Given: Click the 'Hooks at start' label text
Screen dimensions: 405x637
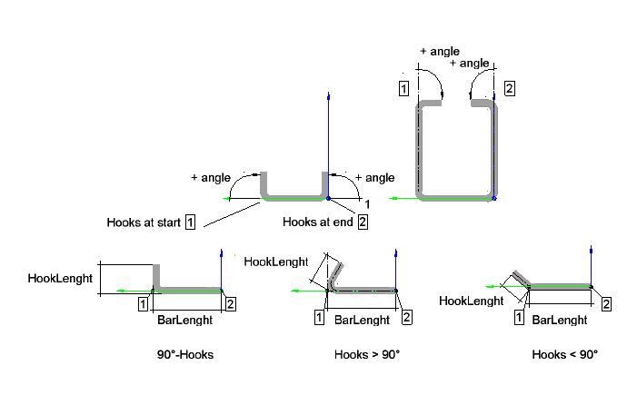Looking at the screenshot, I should click(x=144, y=222).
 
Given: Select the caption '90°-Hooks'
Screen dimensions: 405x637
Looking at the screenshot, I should click(x=185, y=354).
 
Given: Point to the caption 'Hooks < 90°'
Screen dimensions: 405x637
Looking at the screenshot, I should click(x=564, y=354).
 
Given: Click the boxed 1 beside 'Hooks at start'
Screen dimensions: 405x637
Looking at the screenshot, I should click(x=191, y=222).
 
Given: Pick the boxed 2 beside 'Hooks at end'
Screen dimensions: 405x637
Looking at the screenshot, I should click(x=363, y=222).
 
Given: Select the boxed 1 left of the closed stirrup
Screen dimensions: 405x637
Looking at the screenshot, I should click(x=403, y=88).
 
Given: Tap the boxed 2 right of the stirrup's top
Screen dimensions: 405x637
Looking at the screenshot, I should click(x=509, y=88).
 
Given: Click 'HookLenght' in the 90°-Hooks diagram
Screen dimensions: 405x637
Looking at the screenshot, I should click(x=60, y=278).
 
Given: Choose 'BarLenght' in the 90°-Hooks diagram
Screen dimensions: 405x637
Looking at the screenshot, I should click(x=184, y=320).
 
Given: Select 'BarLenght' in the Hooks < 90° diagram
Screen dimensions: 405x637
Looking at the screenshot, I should click(x=558, y=320).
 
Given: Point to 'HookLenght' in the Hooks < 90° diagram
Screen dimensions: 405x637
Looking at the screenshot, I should click(x=471, y=301).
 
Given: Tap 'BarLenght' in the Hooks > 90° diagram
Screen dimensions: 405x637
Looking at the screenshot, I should click(x=363, y=320).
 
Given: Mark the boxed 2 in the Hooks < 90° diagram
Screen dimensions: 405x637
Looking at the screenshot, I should click(x=606, y=303).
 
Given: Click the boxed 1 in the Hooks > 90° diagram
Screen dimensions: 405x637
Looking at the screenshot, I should click(x=318, y=317).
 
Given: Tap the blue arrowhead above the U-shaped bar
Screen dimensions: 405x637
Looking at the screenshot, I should click(x=326, y=95).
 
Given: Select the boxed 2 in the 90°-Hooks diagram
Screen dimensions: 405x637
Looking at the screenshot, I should click(x=230, y=303).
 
